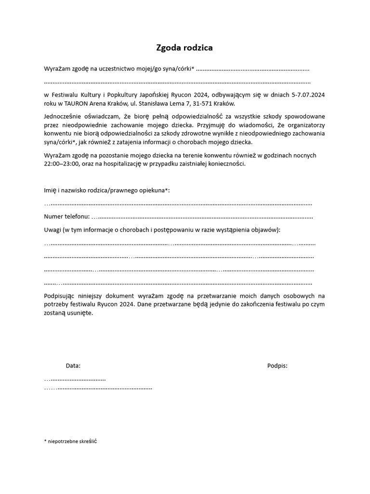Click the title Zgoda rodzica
(x=184, y=48)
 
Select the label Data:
(x=73, y=366)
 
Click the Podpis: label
(x=277, y=366)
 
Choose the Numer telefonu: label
(x=66, y=216)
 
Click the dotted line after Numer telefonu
(x=202, y=217)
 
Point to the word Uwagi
(x=53, y=230)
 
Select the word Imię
(x=51, y=190)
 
